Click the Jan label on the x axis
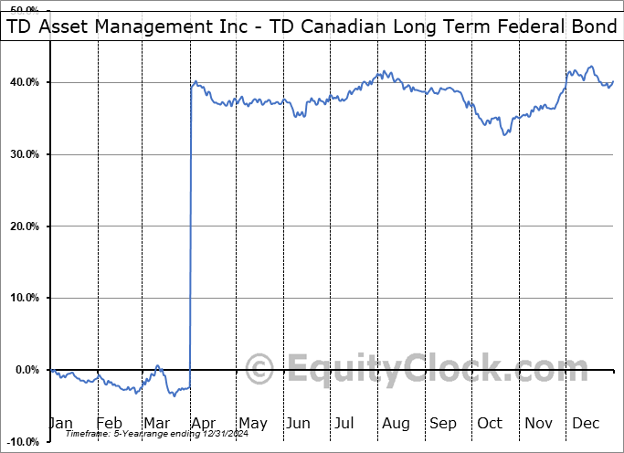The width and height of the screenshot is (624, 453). (60, 423)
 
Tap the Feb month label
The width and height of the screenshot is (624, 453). (109, 423)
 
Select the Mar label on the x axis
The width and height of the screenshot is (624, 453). (157, 423)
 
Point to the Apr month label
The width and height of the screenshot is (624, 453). (203, 423)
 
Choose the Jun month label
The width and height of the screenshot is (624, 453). (299, 423)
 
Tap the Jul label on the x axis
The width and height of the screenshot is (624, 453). (344, 423)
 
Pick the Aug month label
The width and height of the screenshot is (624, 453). (395, 423)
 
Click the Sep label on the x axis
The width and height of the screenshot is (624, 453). (443, 423)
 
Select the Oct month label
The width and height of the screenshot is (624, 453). (491, 423)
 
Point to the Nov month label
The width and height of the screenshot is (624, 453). (539, 423)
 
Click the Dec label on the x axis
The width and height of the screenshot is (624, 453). (587, 423)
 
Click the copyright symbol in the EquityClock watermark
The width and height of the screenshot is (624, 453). (260, 371)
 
